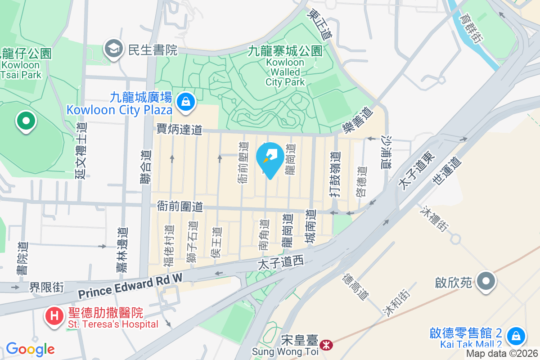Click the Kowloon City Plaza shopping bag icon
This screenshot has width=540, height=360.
(185, 102)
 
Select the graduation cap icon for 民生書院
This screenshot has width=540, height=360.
(113, 49)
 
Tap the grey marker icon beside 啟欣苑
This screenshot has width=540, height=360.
(486, 282)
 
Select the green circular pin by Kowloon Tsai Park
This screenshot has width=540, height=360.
(26, 121)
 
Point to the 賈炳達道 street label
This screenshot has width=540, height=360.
(179, 130)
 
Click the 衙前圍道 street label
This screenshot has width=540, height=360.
(180, 207)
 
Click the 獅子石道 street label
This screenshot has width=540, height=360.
(193, 242)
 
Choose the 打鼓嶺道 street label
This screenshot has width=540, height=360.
(334, 173)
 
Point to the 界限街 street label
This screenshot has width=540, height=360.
(46, 287)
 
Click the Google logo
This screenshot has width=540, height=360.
(30, 349)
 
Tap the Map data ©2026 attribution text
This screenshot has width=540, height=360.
(502, 354)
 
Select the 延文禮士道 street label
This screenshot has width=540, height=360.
(81, 151)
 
